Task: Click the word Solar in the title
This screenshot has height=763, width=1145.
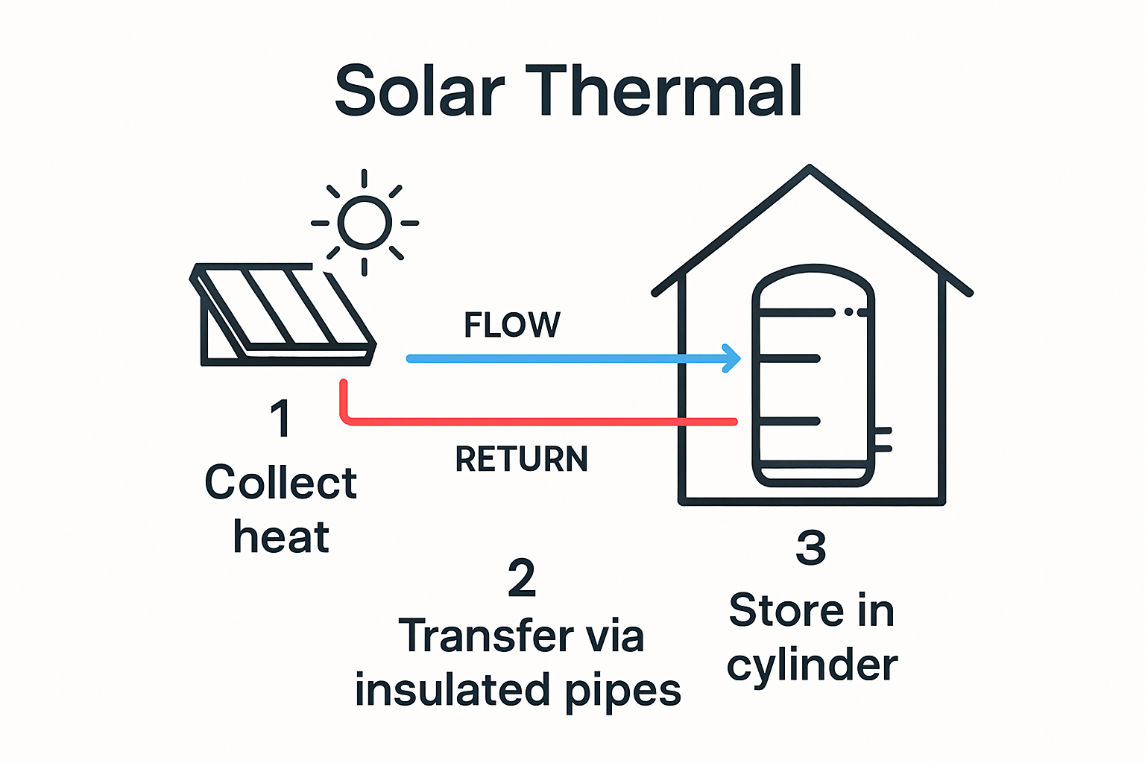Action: pyautogui.click(x=420, y=91)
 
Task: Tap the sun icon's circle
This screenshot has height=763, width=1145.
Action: pyautogui.click(x=365, y=222)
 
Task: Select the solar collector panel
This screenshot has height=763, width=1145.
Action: pyautogui.click(x=287, y=313)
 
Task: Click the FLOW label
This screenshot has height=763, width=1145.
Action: pyautogui.click(x=511, y=325)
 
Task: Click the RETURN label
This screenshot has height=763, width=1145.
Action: pyautogui.click(x=521, y=459)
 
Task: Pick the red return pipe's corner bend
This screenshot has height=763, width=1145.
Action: pyautogui.click(x=346, y=417)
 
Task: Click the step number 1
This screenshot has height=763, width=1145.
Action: pyautogui.click(x=280, y=419)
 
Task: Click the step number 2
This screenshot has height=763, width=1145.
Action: pyautogui.click(x=521, y=578)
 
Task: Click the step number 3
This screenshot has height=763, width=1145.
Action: pyautogui.click(x=810, y=548)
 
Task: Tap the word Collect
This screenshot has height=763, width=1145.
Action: pyautogui.click(x=280, y=483)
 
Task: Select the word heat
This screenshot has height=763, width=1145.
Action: pyautogui.click(x=281, y=536)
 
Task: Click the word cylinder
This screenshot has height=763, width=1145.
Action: pyautogui.click(x=813, y=665)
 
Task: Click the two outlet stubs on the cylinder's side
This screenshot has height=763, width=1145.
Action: pyautogui.click(x=883, y=440)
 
